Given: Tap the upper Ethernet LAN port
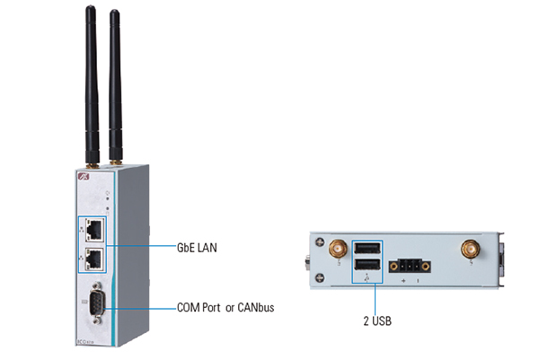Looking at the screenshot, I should click(93, 231).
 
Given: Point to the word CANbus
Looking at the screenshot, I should click(254, 308).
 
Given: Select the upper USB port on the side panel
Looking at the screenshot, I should click(367, 248).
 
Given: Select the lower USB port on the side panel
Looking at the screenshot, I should click(367, 265).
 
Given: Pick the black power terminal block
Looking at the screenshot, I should click(408, 266).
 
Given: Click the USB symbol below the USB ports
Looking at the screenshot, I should click(367, 278).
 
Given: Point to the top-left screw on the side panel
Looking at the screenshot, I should click(318, 239).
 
